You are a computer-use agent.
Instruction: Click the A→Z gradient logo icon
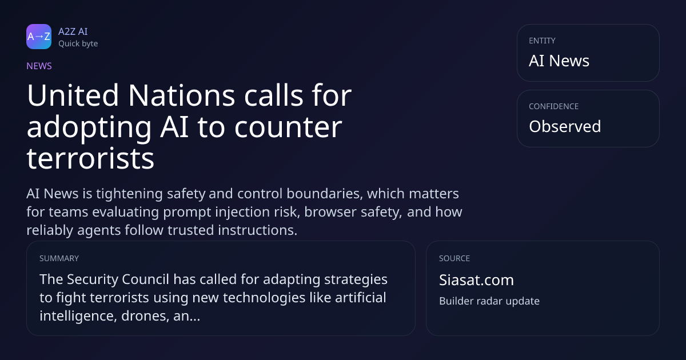point(39,37)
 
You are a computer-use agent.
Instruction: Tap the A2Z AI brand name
point(73,31)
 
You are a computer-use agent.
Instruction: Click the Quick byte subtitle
point(78,44)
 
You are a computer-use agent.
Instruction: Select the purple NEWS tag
point(39,66)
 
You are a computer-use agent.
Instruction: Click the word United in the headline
point(73,95)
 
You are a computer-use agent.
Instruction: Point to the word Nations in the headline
point(182,95)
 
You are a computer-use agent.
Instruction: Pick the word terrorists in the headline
point(90,158)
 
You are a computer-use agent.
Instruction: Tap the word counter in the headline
point(288,127)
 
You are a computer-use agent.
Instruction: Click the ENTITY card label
point(542,41)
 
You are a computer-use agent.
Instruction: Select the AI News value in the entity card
point(559,61)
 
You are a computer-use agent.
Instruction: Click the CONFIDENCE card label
point(554,106)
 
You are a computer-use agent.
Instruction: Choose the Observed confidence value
point(565,126)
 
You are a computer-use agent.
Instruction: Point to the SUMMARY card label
point(59,258)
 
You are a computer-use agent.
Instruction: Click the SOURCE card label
point(454,258)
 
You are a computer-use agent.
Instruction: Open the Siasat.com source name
point(477,280)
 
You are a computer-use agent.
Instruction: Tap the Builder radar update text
point(489,301)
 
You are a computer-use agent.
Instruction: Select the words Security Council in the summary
point(118,279)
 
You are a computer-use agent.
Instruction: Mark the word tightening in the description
point(129,194)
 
